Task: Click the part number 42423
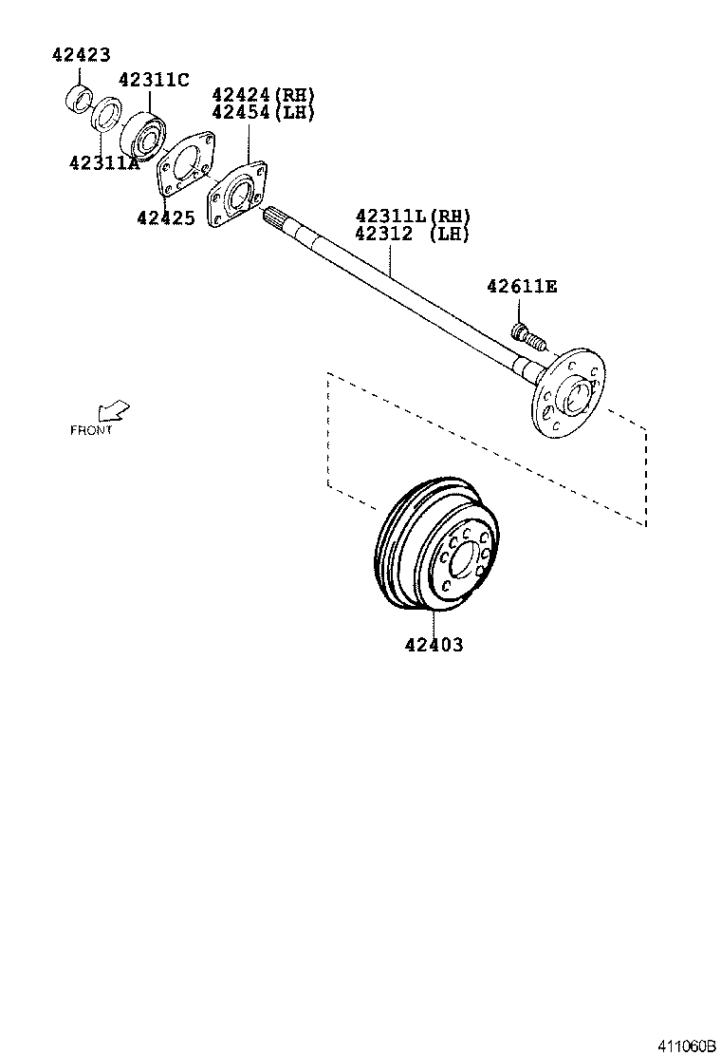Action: coord(81,55)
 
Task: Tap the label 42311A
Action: coord(104,162)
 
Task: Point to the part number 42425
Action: coord(165,217)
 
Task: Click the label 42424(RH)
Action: coord(263,95)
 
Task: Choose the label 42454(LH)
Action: coord(263,112)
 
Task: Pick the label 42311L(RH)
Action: coord(413,217)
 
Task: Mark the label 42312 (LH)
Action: coord(413,234)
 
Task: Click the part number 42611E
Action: coord(522,286)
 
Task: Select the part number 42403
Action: coord(434,645)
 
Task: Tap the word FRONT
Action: coord(91,430)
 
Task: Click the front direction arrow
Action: coord(115,411)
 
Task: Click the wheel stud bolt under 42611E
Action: coord(527,334)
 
